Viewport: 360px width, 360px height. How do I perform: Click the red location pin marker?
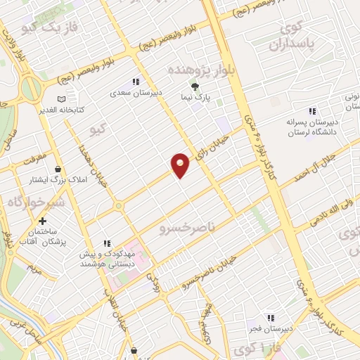coord(181,165)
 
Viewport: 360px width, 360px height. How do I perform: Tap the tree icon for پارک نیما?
coord(195,87)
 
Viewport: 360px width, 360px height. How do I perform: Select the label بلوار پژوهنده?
coord(192,70)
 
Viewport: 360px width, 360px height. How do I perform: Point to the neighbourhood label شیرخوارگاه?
coord(37,202)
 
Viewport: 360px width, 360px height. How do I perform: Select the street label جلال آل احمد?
coord(330,155)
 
